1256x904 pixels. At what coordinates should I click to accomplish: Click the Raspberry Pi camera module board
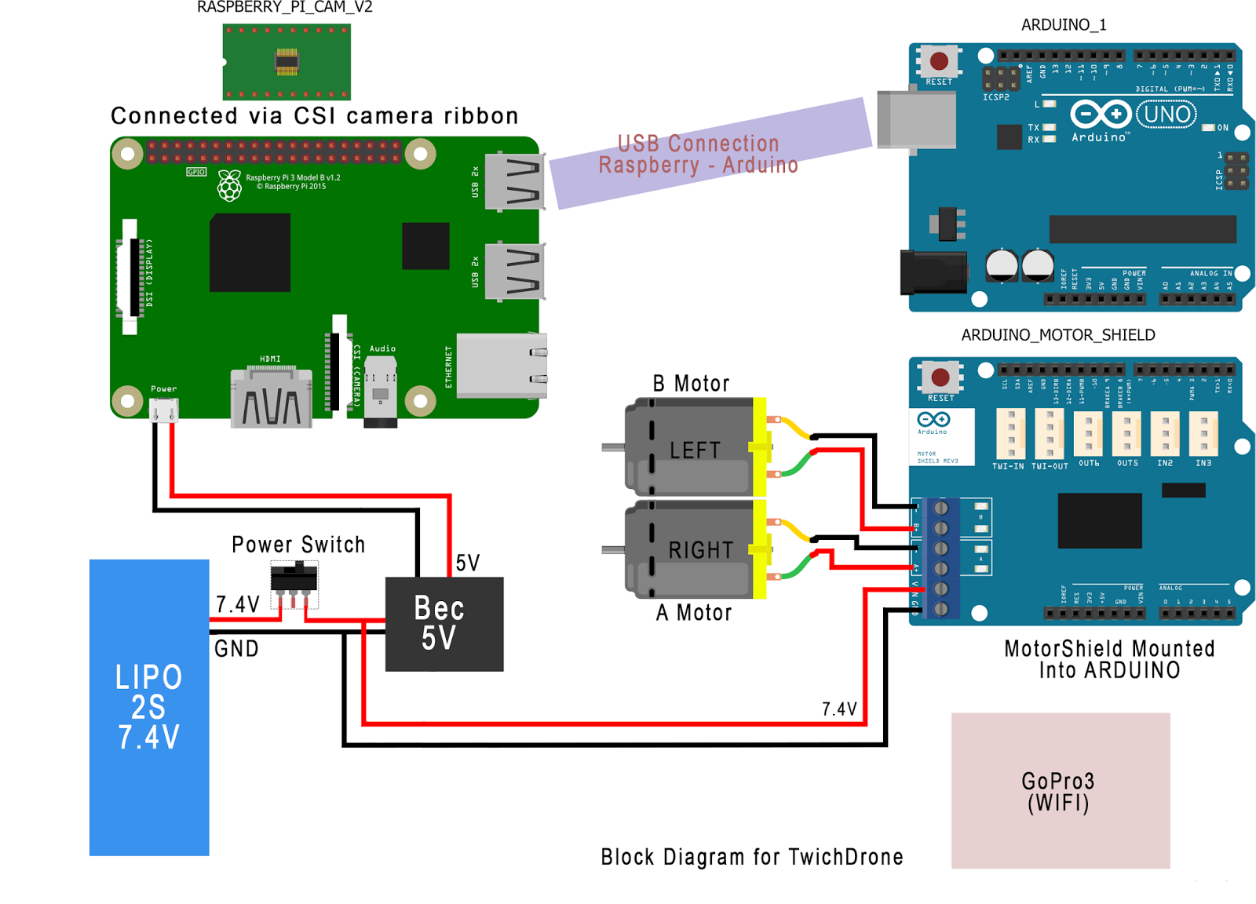pyautogui.click(x=287, y=61)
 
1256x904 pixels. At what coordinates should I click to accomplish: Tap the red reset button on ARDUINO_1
pyautogui.click(x=939, y=61)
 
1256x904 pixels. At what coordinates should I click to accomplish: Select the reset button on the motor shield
pyautogui.click(x=940, y=377)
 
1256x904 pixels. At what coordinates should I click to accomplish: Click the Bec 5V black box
pyautogui.click(x=444, y=624)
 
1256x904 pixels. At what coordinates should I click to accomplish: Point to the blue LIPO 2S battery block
pyautogui.click(x=149, y=706)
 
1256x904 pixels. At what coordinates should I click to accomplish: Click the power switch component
pyautogui.click(x=294, y=579)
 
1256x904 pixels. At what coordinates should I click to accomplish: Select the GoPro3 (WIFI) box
pyautogui.click(x=1060, y=790)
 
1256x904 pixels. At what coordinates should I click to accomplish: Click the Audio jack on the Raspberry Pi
pyautogui.click(x=381, y=391)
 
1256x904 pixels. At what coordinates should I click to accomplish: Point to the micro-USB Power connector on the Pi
pyautogui.click(x=164, y=410)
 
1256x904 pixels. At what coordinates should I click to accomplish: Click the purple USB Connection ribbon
pyautogui.click(x=706, y=154)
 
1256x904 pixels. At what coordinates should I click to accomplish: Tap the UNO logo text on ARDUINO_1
pyautogui.click(x=1167, y=115)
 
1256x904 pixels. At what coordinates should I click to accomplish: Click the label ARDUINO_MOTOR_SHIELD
pyautogui.click(x=1057, y=335)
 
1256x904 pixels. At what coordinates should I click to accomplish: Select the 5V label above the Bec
pyautogui.click(x=467, y=563)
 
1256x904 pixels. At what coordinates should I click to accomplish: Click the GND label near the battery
pyautogui.click(x=236, y=649)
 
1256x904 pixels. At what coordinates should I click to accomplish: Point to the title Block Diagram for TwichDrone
pyautogui.click(x=751, y=856)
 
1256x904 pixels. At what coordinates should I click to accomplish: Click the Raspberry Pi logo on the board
pyautogui.click(x=229, y=186)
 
